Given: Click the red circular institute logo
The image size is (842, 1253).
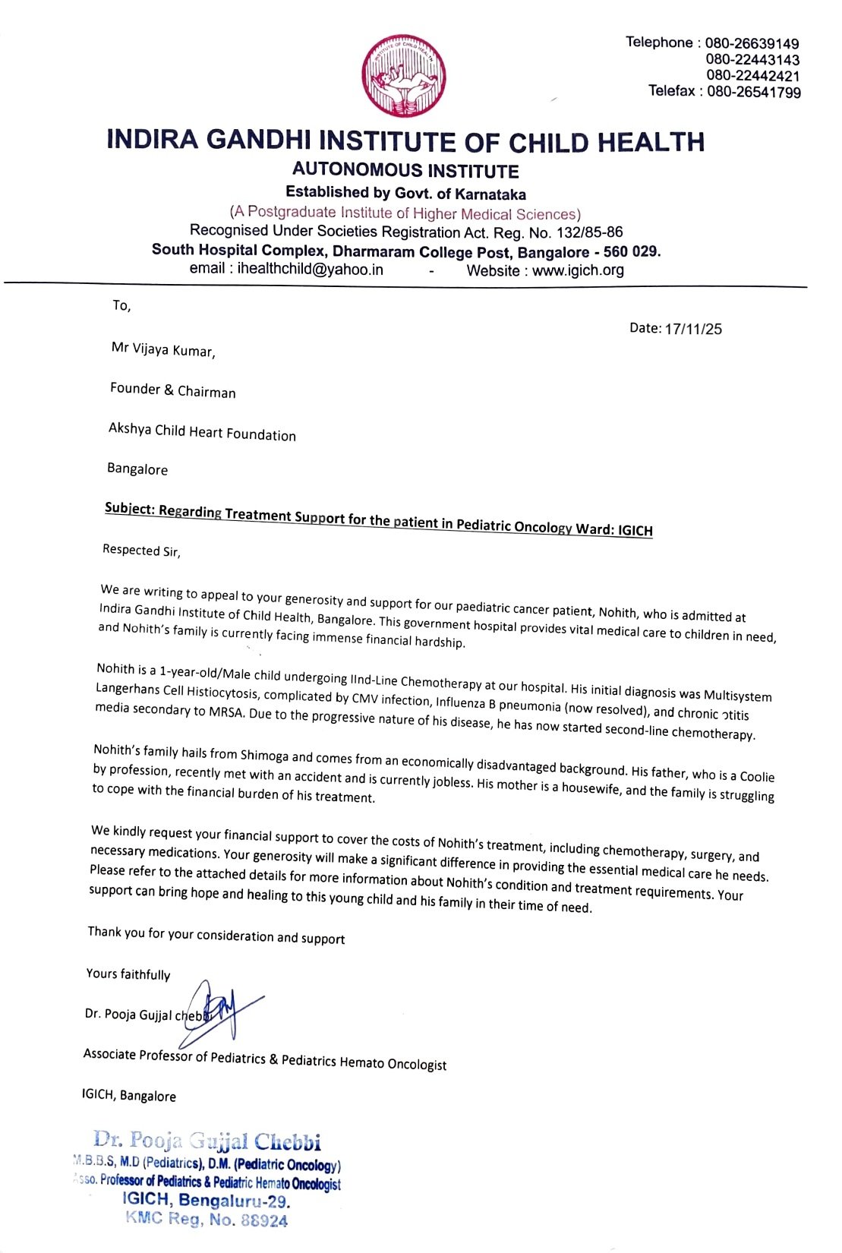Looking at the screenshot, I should pos(403,76).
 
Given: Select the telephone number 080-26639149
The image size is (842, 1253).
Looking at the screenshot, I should pos(752,43).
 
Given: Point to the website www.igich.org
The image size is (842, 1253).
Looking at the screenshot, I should pos(578,270).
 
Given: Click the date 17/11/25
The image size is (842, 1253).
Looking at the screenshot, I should pos(693,329).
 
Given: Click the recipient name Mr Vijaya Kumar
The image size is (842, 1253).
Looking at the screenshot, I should pos(163,349).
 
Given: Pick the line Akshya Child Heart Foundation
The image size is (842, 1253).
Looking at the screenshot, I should pos(202,431).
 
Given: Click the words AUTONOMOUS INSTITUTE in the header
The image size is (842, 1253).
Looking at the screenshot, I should pos(405,170).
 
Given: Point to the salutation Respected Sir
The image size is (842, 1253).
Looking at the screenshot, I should pos(141,551).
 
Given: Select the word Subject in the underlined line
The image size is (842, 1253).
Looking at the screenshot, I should pos(128,508).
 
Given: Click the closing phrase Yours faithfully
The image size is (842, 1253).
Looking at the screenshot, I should pos(128,974).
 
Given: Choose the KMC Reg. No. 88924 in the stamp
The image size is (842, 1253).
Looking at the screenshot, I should pos(207,1220).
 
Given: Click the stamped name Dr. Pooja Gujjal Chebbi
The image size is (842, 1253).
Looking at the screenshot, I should pos(207,1141).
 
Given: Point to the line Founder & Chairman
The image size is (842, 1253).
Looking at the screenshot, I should pos(172,390).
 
